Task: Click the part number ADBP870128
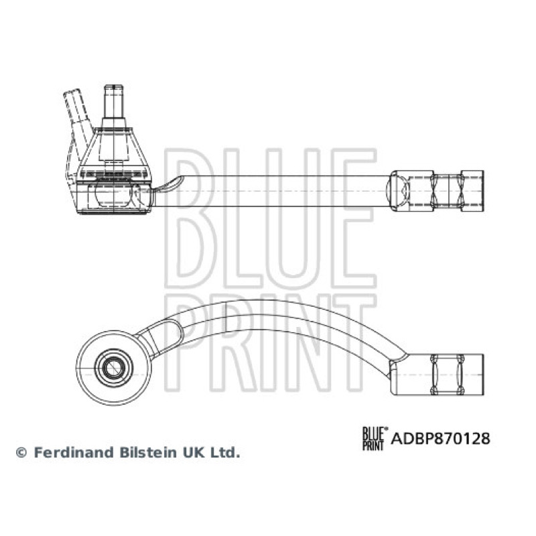(440, 438)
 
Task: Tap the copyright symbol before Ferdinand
(21, 453)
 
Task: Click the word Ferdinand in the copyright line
(74, 452)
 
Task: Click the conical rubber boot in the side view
(114, 150)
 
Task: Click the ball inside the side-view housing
(112, 192)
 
